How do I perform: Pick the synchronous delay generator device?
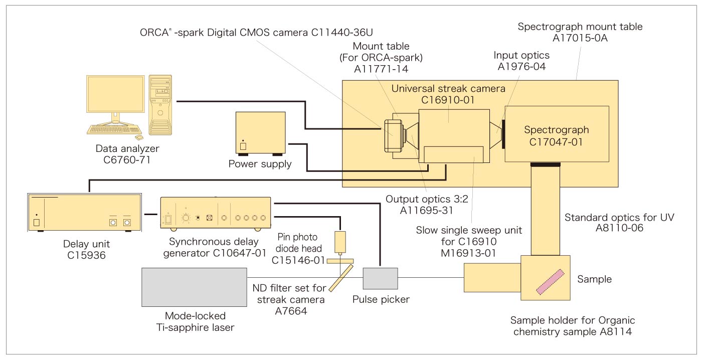pos(215,213)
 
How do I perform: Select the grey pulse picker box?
pos(380,278)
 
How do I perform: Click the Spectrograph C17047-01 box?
pos(557,134)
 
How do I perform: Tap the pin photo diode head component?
pos(340,242)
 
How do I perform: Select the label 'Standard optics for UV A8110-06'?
pos(619,223)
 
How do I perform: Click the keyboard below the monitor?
pos(111,129)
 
